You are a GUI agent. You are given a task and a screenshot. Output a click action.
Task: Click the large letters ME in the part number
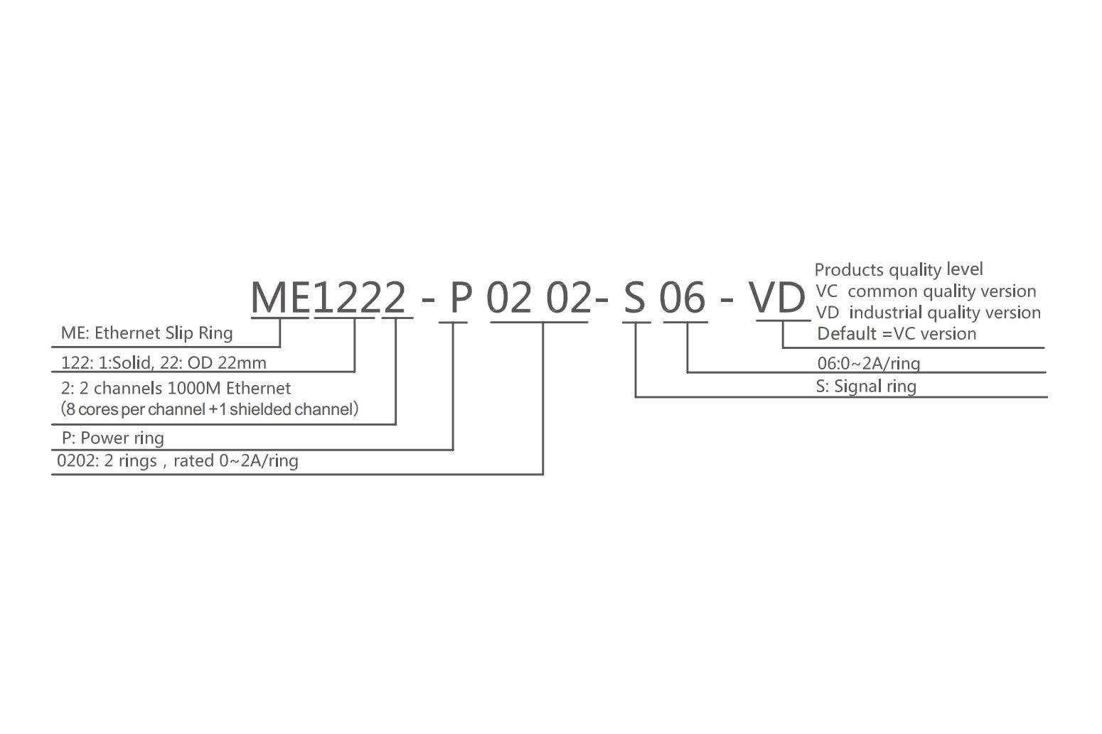click(280, 298)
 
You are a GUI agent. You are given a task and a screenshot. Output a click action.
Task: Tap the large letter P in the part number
click(461, 298)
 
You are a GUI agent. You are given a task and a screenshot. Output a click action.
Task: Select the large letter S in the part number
click(634, 298)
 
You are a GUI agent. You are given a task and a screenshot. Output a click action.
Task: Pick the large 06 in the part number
click(683, 298)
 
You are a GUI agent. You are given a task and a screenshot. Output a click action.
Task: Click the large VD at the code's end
click(777, 298)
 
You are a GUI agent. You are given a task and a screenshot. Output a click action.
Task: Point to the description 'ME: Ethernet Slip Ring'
click(146, 333)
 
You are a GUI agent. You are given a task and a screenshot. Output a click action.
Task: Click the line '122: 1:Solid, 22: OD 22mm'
click(164, 363)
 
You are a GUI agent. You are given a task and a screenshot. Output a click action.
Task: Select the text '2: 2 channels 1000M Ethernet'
click(176, 389)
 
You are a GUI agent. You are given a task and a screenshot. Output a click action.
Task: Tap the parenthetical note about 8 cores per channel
click(210, 409)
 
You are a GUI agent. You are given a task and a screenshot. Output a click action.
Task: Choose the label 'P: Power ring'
click(112, 438)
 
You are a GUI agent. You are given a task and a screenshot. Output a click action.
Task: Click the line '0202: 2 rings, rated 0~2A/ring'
click(178, 461)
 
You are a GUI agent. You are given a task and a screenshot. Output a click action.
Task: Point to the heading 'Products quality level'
click(899, 269)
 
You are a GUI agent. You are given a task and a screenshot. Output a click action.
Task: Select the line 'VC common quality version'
click(926, 291)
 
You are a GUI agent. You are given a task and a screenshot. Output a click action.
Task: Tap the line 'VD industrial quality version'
click(929, 313)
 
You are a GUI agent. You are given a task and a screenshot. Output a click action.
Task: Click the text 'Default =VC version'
click(897, 334)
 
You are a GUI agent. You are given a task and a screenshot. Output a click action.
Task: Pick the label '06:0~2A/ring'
click(869, 363)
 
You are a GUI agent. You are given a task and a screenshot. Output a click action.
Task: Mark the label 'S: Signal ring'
click(866, 387)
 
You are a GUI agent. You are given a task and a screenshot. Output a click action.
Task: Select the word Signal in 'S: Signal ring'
click(855, 387)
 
